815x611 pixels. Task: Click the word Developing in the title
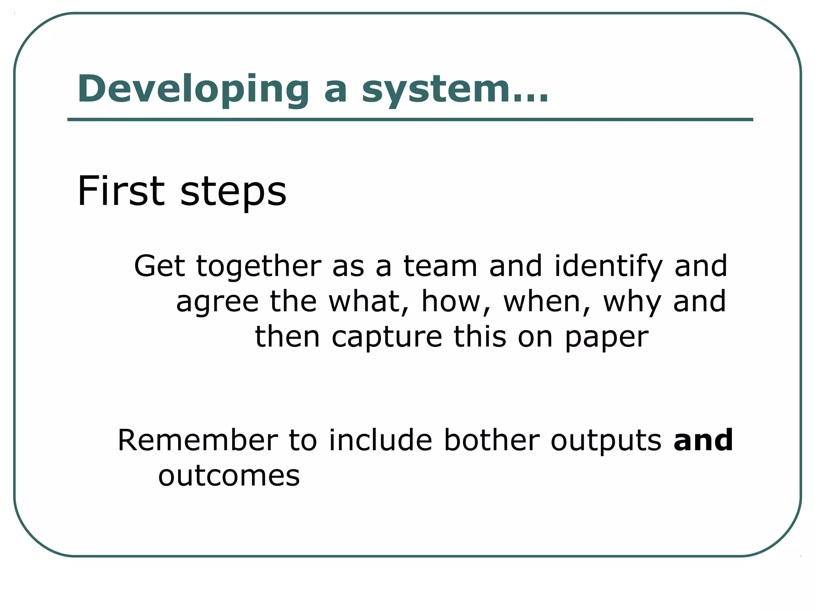193,90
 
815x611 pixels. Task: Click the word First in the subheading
121,191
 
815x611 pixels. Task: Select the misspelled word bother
491,440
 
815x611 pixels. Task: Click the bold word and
703,440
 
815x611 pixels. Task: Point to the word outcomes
229,476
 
